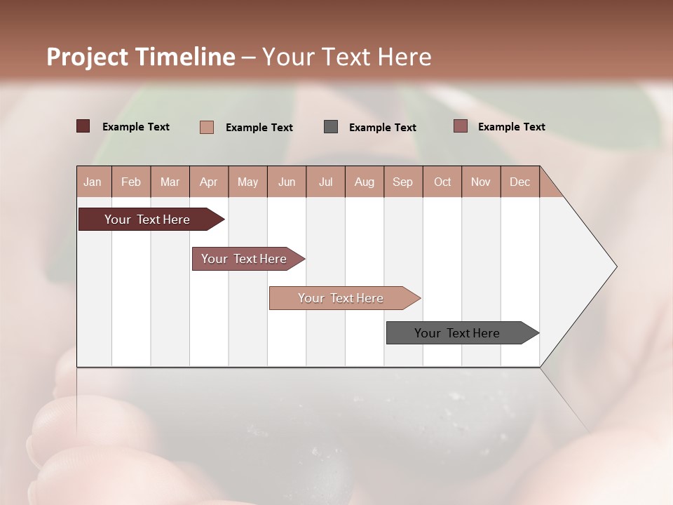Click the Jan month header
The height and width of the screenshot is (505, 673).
coord(93,182)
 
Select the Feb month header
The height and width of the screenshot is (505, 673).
coord(131,182)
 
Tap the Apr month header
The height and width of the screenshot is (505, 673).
coord(208,182)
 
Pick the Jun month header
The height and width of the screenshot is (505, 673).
coord(287,182)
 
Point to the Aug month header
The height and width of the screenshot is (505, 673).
coord(364,182)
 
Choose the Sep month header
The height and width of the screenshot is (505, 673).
coord(402,182)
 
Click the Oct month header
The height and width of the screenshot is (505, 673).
coord(442,182)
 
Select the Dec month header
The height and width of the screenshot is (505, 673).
coord(519,182)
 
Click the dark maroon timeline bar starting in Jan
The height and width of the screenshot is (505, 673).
coord(147,220)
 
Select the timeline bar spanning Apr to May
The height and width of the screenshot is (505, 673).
coord(244,259)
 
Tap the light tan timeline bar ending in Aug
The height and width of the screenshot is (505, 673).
coord(341,298)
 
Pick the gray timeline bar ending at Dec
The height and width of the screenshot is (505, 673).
coord(457,333)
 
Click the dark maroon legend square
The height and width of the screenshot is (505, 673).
coord(83,126)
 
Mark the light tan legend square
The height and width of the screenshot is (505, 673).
coord(206,127)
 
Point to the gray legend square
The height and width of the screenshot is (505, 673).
coord(331,126)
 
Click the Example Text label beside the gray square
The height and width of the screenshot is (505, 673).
coord(382,128)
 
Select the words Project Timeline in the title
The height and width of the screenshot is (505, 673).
coord(140,57)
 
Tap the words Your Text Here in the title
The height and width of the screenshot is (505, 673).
coord(347,57)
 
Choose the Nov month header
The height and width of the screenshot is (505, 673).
coord(480,182)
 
